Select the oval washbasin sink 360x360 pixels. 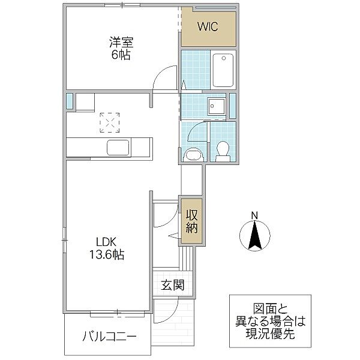(x=194, y=155)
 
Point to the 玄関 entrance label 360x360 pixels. (x=172, y=285)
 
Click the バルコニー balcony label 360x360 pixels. (x=109, y=336)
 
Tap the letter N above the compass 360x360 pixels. (x=254, y=216)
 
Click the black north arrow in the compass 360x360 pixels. (x=254, y=235)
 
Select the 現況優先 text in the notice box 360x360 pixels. (x=268, y=335)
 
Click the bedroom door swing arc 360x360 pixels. (x=161, y=78)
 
